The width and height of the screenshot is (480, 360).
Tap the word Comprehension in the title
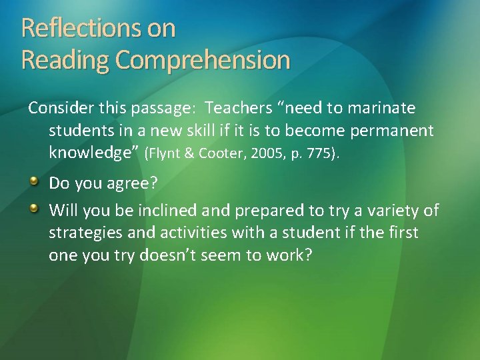tap(203, 60)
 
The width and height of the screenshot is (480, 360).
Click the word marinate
tap(383, 108)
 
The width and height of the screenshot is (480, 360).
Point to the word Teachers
tap(237, 108)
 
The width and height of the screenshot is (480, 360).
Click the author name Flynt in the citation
tap(165, 153)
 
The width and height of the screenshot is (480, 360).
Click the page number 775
tap(322, 153)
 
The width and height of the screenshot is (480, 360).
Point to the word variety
tap(395, 211)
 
